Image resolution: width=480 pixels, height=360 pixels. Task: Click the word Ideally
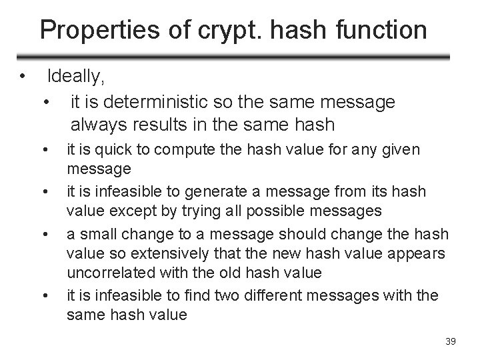click(x=76, y=77)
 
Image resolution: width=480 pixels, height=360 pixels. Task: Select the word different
click(x=286, y=294)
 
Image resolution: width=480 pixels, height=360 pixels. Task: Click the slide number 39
click(x=449, y=342)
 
